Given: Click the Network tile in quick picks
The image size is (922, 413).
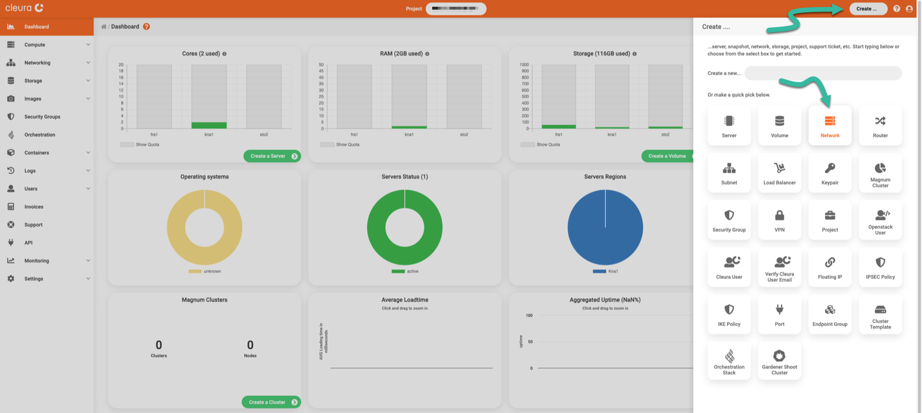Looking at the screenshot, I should [830, 126].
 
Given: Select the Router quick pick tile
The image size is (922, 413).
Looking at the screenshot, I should [880, 126].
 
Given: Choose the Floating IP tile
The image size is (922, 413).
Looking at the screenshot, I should [830, 267].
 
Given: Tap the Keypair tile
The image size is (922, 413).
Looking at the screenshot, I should [830, 173].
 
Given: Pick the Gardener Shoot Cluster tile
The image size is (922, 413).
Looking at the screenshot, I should [779, 362].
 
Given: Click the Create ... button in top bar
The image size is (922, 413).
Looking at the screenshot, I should [868, 9].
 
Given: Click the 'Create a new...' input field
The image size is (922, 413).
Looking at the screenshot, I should [823, 73].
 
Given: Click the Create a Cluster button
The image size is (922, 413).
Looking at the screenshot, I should [271, 402].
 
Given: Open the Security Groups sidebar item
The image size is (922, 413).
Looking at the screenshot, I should [42, 117].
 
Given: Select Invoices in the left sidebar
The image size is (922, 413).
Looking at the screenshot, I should [34, 207].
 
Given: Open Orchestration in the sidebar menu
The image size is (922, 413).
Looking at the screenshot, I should [40, 135].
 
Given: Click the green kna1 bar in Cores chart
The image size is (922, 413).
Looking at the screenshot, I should [209, 125].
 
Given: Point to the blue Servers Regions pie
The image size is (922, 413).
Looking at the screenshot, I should [605, 227].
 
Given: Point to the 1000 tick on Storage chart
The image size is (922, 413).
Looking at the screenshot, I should [524, 65].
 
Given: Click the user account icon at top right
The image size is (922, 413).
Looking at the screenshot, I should [909, 9].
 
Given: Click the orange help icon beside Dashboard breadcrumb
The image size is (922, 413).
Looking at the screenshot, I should [146, 27].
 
